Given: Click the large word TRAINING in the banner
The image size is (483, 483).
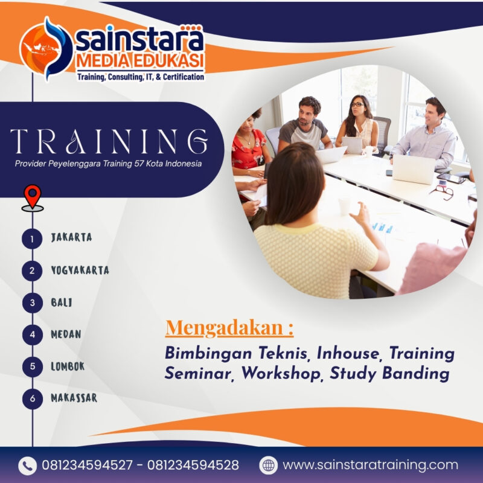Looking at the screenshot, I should (109, 141).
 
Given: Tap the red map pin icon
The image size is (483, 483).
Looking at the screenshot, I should (32, 197).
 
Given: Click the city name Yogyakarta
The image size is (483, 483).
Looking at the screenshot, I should (80, 270).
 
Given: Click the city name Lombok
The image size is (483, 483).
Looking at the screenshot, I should (68, 366).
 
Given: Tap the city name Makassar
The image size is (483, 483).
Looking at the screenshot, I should (74, 398).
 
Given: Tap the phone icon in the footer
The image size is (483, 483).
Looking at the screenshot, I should (27, 465).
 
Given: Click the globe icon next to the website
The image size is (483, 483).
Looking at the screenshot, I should (268, 465).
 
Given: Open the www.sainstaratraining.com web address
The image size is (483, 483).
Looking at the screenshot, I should (370, 465).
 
